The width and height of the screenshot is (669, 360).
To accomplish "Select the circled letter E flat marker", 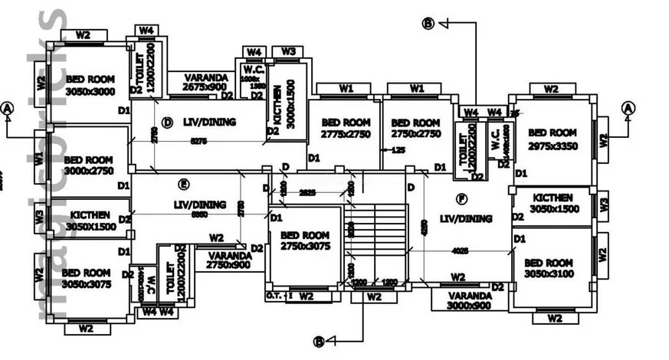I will coord(182,184).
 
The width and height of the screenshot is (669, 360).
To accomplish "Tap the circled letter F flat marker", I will coord(461,199).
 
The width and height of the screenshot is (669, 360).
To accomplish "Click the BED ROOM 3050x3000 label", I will coord(90,85).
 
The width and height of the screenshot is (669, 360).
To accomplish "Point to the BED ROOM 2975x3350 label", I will coord(553,139).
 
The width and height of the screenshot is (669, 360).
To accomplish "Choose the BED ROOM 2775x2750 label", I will coord(346,128).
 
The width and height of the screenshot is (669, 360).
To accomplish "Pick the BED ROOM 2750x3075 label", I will coord(304,241).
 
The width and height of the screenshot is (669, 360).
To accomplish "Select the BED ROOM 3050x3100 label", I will coord(549,267).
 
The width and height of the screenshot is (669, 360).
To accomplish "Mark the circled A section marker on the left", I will coord(8,108).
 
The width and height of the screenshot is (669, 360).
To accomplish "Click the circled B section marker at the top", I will coord(428,24).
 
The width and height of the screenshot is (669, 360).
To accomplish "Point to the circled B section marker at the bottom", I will coord(320,342).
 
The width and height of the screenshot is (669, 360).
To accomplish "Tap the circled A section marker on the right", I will coord(628,108).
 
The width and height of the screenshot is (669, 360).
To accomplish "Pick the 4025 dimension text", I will coord(459,250).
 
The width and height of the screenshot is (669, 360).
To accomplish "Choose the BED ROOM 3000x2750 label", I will coord(88,166).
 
